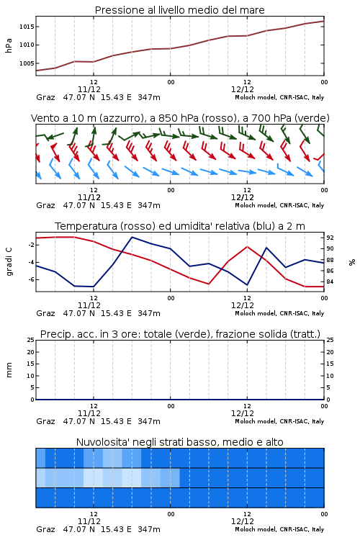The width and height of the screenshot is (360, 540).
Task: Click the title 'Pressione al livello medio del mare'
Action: click(179, 10)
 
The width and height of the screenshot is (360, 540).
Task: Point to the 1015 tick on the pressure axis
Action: click(27, 27)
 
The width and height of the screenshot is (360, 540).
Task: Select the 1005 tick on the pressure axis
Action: click(27, 63)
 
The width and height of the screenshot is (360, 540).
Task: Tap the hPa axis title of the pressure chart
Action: click(9, 45)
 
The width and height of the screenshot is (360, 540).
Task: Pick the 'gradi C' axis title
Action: click(9, 262)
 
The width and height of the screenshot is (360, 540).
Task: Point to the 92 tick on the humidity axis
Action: click(330, 238)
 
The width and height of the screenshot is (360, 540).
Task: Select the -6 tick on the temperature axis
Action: click(31, 279)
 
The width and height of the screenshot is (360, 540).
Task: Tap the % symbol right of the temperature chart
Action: click(352, 262)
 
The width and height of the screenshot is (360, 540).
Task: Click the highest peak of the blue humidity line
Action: click(132, 237)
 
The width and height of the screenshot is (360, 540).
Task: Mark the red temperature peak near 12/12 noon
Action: click(247, 246)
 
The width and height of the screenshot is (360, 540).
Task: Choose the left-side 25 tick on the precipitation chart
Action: click(31, 340)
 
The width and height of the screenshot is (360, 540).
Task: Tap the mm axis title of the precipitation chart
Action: click(9, 370)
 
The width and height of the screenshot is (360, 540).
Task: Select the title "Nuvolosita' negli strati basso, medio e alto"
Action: click(179, 442)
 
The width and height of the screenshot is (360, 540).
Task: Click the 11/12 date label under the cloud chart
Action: click(89, 521)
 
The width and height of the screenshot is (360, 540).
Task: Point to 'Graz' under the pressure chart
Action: click(45, 97)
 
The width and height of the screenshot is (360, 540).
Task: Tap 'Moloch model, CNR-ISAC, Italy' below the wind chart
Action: click(279, 205)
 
